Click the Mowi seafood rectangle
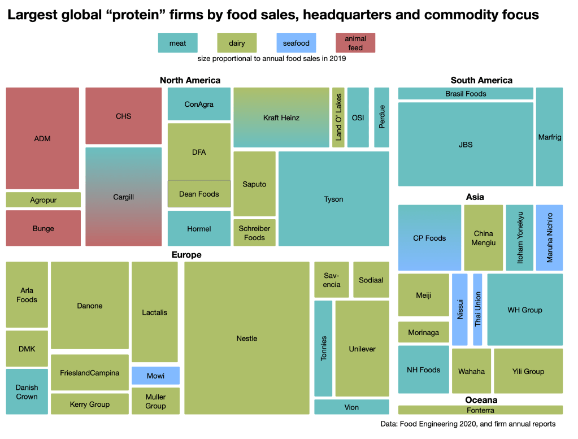click(x=155, y=376)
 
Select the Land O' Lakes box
click(x=338, y=118)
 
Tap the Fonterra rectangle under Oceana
click(x=480, y=410)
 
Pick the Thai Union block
click(x=477, y=309)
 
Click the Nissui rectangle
click(x=459, y=309)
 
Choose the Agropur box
click(x=43, y=200)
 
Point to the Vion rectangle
click(x=351, y=407)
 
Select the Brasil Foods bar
click(x=466, y=94)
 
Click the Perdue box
click(x=381, y=118)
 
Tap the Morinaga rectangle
click(x=423, y=332)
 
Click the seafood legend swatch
click(x=296, y=43)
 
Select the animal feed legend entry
click(x=355, y=43)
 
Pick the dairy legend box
click(x=237, y=43)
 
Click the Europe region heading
click(x=186, y=255)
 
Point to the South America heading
click(x=481, y=80)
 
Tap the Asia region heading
click(x=475, y=197)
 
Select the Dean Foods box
click(x=199, y=194)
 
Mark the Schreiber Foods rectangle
click(x=254, y=233)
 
